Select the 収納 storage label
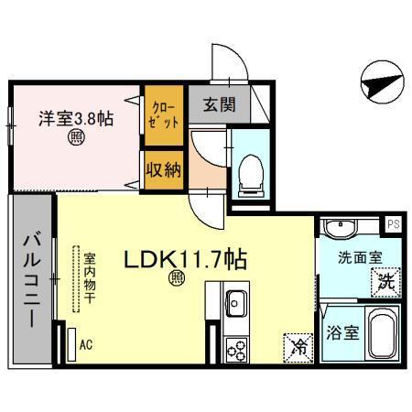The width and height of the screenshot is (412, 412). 164,168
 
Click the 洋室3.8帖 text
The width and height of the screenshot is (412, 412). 75,118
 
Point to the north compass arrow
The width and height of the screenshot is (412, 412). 377,84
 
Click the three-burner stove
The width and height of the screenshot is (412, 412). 236,350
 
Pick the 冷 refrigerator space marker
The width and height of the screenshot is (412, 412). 297,346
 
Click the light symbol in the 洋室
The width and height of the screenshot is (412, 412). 75,139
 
